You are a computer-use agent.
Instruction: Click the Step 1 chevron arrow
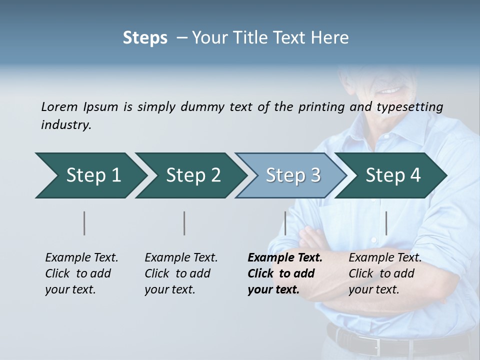(90, 175)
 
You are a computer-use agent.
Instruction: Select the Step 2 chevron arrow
(190, 175)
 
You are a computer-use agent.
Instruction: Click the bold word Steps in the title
(145, 38)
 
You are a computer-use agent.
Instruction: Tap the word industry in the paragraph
(65, 125)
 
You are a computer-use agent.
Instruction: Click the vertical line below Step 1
(84, 223)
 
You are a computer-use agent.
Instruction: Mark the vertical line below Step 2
(184, 223)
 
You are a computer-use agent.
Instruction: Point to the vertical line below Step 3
(285, 223)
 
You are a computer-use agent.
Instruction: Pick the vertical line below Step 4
(386, 223)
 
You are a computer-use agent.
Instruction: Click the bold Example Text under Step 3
(285, 258)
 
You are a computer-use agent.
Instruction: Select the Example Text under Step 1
(81, 258)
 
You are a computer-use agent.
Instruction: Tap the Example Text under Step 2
(181, 258)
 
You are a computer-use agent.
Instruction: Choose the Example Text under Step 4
(385, 258)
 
